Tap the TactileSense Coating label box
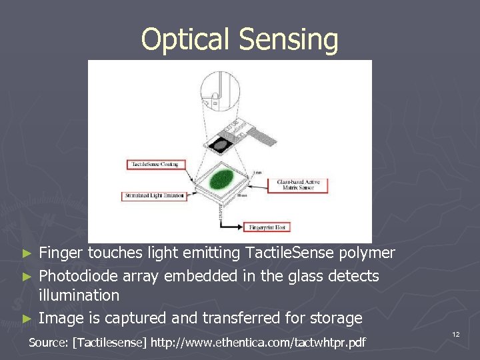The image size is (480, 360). pos(156,164)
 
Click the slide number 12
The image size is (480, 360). pos(455,333)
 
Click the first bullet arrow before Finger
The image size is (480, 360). pos(27,253)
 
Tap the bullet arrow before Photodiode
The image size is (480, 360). pos(27,276)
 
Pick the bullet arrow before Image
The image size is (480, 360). pos(27,319)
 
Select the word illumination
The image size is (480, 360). pos(79,295)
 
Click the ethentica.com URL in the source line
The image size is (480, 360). pos(259,343)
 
